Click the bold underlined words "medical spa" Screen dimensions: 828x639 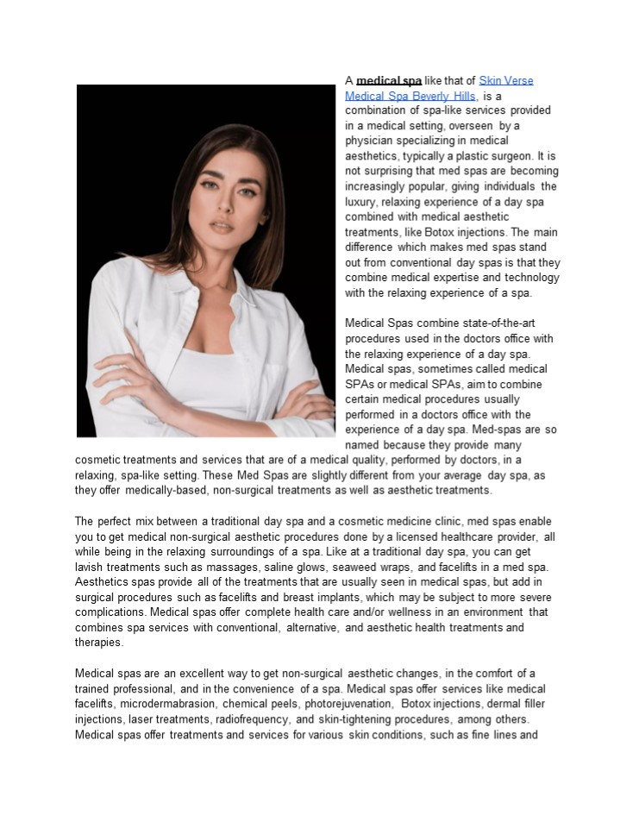click(389, 81)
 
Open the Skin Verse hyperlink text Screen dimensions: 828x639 click(506, 81)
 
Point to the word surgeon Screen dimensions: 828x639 click(511, 155)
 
